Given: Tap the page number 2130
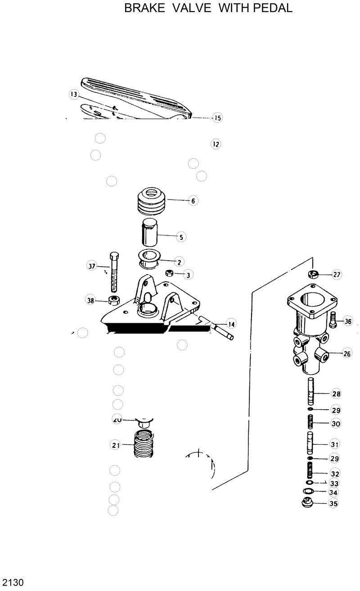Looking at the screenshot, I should pyautogui.click(x=12, y=582).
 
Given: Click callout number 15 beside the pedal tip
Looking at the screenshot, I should pyautogui.click(x=217, y=118).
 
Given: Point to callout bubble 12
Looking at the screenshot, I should pyautogui.click(x=216, y=144).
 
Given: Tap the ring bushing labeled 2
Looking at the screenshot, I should pyautogui.click(x=149, y=258).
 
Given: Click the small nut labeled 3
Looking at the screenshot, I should pyautogui.click(x=170, y=273).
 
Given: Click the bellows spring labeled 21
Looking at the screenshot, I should pyautogui.click(x=144, y=444).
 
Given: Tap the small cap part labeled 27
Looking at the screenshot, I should pyautogui.click(x=313, y=274).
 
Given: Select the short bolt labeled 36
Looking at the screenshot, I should pyautogui.click(x=333, y=319).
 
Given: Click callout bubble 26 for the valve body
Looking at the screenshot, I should pyautogui.click(x=347, y=354).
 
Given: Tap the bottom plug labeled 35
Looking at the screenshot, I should pyautogui.click(x=307, y=503).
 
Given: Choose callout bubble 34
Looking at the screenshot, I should pyautogui.click(x=333, y=492).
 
